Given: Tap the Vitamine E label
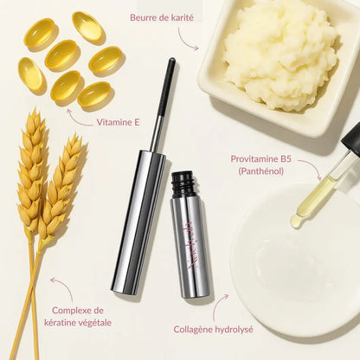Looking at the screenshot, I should click(x=119, y=122).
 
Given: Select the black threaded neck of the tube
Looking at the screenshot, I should click(x=182, y=183).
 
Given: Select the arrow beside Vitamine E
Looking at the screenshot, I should click(x=78, y=116).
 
